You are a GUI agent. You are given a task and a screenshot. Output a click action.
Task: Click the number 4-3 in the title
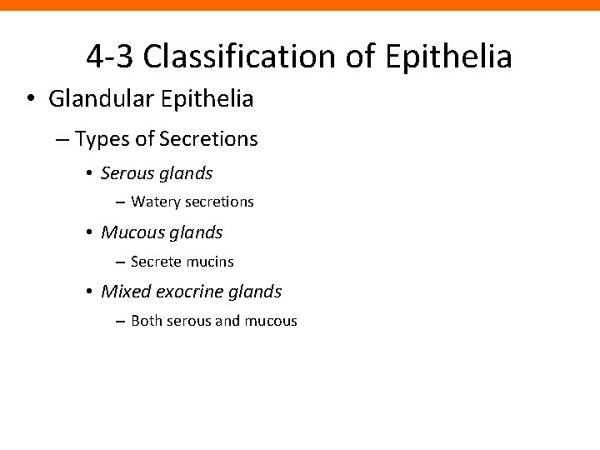112,57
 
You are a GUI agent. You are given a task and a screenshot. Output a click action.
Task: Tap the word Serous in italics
125,173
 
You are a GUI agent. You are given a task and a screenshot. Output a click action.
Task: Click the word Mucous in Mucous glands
129,232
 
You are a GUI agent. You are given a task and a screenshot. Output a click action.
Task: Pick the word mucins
208,261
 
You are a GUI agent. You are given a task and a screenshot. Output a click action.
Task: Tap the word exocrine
190,292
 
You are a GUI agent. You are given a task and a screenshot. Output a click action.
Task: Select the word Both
147,320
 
